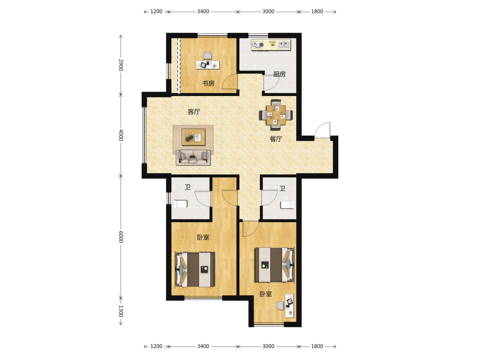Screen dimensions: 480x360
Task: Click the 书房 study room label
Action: click(x=208, y=83)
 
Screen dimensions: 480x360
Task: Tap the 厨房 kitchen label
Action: click(x=279, y=74)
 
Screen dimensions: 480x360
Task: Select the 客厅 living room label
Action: click(x=194, y=112)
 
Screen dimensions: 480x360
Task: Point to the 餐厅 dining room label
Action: click(x=276, y=139)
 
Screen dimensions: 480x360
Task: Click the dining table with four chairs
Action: click(x=276, y=115)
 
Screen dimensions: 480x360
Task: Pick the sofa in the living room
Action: click(x=193, y=157)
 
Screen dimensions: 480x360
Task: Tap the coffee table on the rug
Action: click(x=194, y=137)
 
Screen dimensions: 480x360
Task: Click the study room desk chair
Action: click(x=208, y=55)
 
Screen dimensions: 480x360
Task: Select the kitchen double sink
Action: click(x=284, y=45)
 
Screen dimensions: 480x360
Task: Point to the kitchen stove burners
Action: click(x=258, y=45)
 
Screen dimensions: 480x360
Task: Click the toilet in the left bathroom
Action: click(x=180, y=204)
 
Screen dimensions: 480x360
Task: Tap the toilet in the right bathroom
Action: click(x=288, y=205)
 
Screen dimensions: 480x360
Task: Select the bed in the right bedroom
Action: click(x=275, y=264)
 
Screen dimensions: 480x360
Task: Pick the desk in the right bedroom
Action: click(x=290, y=306)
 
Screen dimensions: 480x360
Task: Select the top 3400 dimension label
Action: click(x=203, y=11)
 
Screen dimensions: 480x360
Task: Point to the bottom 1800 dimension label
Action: click(x=317, y=346)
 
